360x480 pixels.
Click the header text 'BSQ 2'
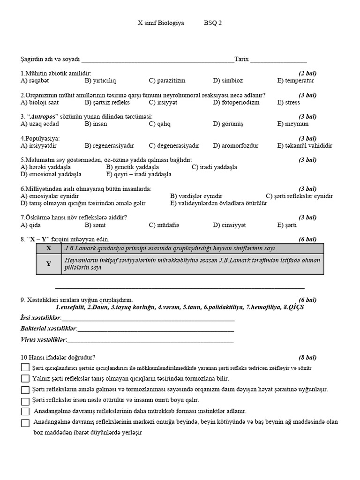click(213, 23)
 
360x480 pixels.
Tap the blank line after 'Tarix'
click(279, 60)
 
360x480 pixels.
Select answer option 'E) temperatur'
click(295, 81)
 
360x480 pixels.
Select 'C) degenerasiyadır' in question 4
click(174, 146)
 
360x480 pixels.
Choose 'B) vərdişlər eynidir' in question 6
click(196, 196)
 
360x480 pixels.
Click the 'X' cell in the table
click(49, 248)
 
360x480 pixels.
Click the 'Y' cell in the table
click(49, 264)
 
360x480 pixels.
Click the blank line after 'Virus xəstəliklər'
click(150, 339)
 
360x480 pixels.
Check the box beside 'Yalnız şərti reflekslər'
click(25, 378)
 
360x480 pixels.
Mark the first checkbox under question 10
click(25, 368)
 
